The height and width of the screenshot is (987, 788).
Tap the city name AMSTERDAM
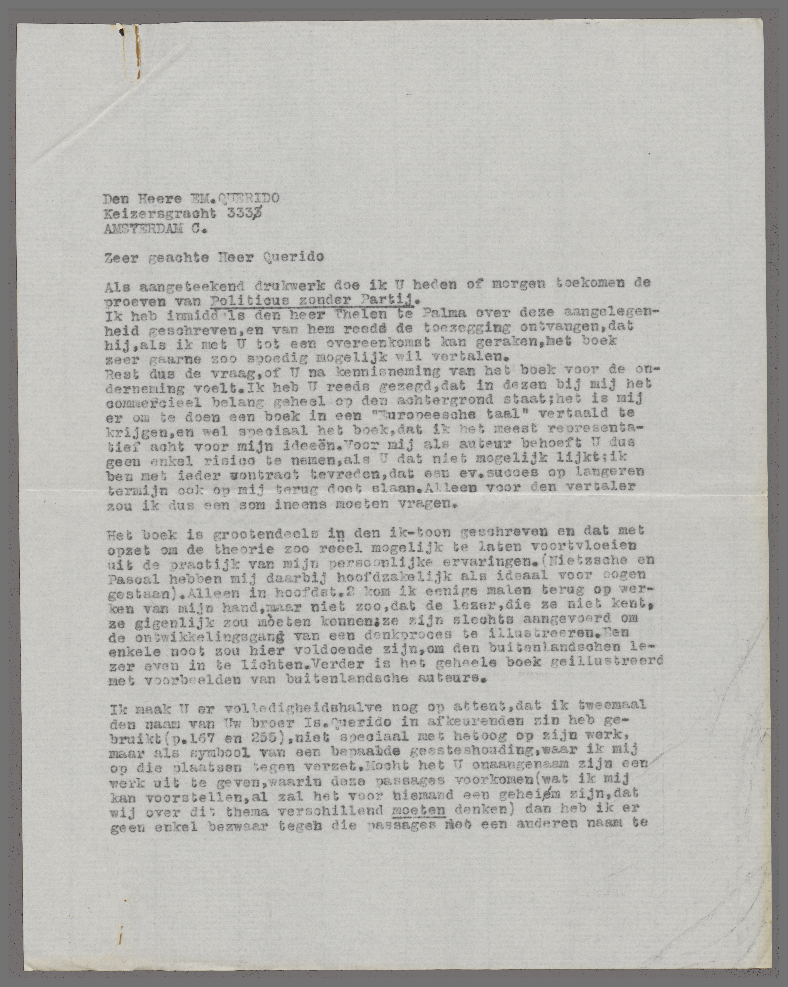tap(144, 230)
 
